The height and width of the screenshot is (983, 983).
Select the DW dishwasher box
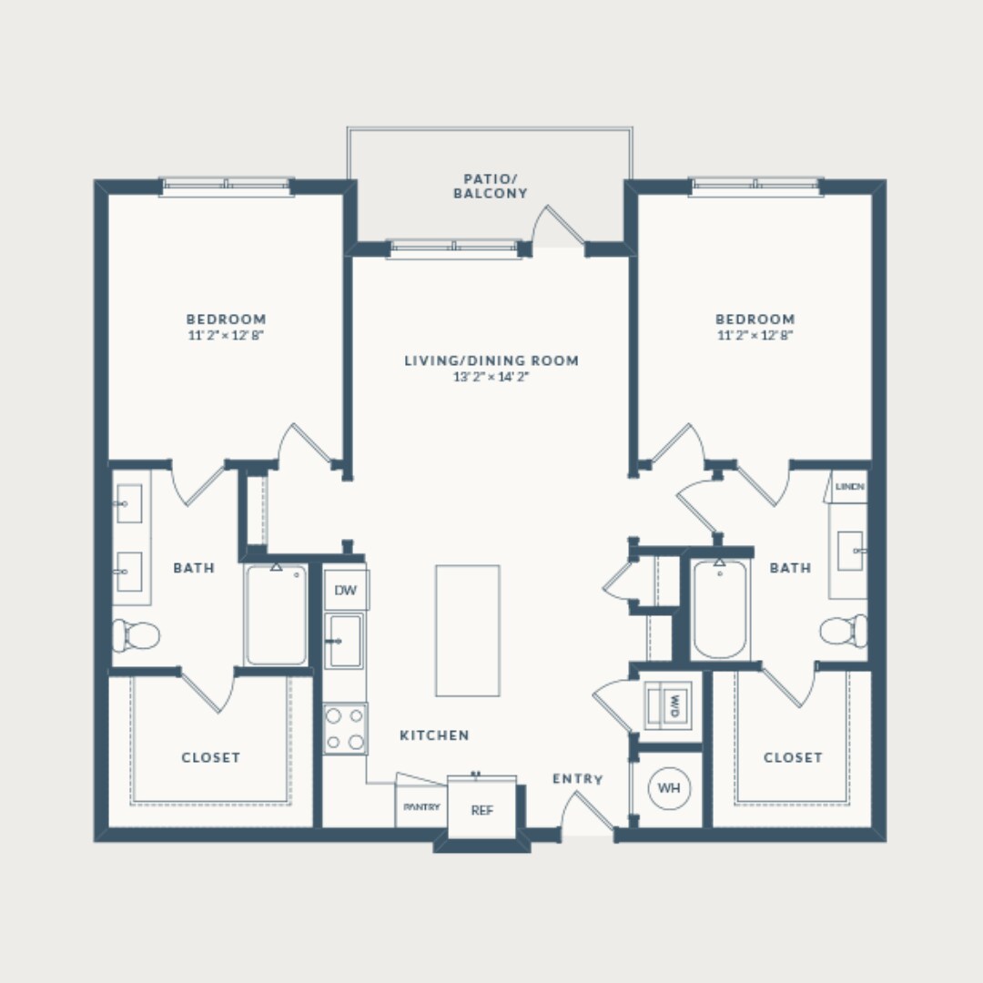click(x=345, y=591)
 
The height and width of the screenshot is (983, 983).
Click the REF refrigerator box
click(x=481, y=809)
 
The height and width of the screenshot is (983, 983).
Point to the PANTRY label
click(x=421, y=807)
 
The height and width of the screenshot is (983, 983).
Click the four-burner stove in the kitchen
click(x=346, y=728)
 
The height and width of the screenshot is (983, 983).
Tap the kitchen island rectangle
click(x=467, y=630)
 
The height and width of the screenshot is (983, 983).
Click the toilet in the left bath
click(x=136, y=634)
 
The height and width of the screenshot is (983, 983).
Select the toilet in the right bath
click(x=844, y=629)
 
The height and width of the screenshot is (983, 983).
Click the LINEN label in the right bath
click(x=850, y=488)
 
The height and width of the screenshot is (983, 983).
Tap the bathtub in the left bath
click(x=276, y=615)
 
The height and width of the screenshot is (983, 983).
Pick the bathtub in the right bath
click(x=720, y=610)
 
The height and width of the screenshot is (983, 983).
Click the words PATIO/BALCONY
click(x=490, y=186)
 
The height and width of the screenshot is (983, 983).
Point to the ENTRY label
click(x=577, y=779)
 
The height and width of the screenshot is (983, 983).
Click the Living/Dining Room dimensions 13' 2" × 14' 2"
click(x=491, y=377)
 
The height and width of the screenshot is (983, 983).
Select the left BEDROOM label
click(x=226, y=319)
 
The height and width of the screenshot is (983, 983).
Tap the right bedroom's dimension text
click(x=755, y=335)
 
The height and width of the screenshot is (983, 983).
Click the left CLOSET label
click(x=210, y=757)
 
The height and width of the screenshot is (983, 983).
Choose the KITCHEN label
click(x=434, y=735)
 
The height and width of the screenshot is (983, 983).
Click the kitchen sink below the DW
click(x=345, y=641)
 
